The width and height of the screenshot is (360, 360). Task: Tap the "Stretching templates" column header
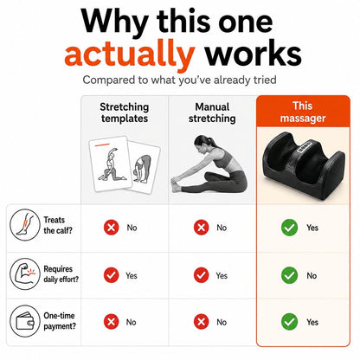(x=125, y=112)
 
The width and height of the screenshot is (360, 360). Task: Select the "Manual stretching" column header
(x=212, y=112)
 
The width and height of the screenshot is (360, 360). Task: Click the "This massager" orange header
(x=303, y=112)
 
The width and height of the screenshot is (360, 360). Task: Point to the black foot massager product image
(x=304, y=162)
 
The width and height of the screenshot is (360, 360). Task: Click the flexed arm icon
(x=24, y=273)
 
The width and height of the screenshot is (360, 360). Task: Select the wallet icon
(x=24, y=321)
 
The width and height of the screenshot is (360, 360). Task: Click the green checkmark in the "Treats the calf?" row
(x=289, y=228)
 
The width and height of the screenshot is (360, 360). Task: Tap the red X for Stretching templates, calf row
(x=111, y=228)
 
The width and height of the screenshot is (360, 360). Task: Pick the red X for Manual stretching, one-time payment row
(x=201, y=322)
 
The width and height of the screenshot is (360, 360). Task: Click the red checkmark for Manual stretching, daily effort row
(x=201, y=274)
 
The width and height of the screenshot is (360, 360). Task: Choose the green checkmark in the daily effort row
(x=289, y=275)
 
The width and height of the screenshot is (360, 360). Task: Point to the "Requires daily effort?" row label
(x=61, y=274)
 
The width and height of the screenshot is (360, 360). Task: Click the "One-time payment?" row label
(x=60, y=321)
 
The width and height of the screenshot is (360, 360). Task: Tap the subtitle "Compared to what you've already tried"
(x=179, y=80)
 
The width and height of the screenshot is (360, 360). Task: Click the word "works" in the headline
(x=253, y=55)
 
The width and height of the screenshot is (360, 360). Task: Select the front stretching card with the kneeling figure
(x=111, y=164)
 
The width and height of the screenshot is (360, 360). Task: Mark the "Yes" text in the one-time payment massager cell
(x=312, y=322)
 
